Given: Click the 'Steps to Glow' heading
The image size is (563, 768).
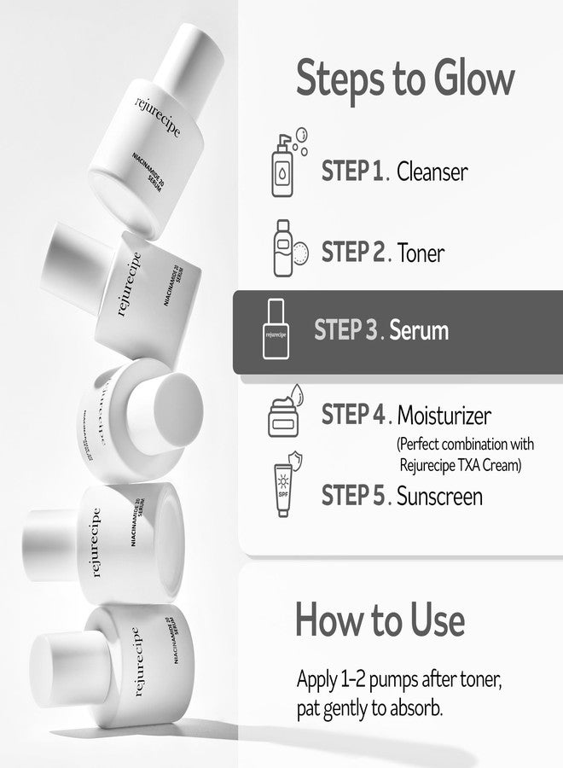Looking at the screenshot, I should coord(405,79).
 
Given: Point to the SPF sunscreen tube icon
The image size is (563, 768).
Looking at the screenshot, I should coord(285,488).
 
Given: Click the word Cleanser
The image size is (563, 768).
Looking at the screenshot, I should coord(432,172).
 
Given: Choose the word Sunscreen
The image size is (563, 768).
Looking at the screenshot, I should coord(440,495).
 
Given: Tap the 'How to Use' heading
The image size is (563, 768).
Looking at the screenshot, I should coord(380,620).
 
